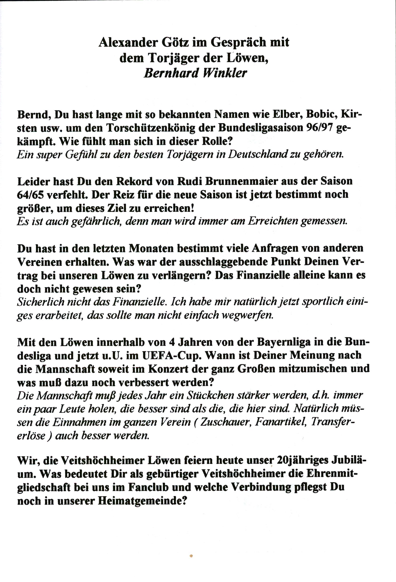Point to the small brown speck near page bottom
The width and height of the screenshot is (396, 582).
[x=191, y=563]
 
